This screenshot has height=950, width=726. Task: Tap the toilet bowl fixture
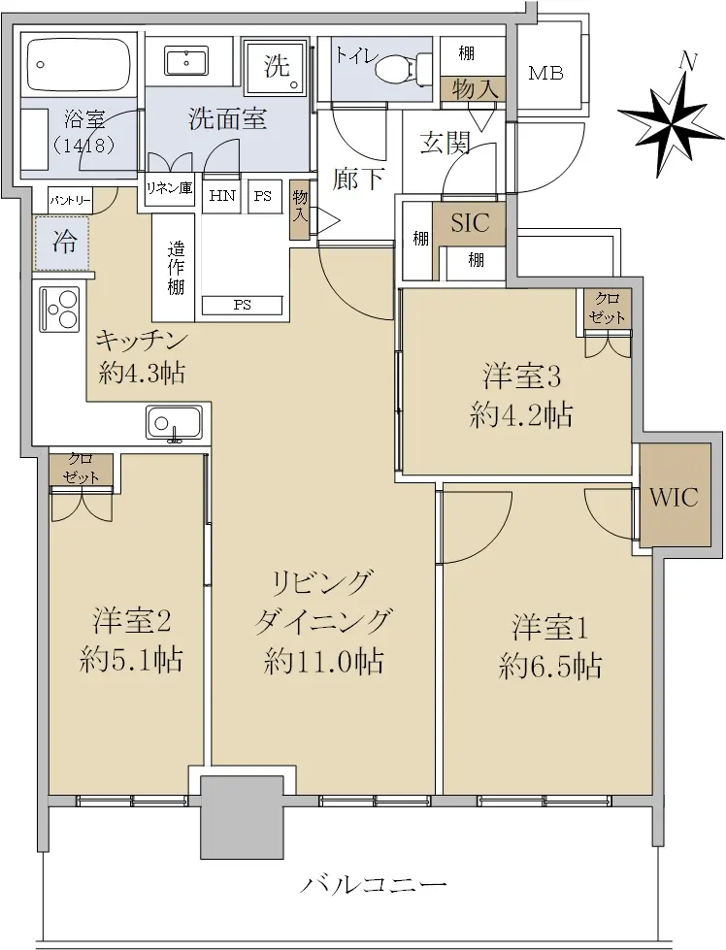point(400,69)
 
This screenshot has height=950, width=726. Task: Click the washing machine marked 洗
point(277,66)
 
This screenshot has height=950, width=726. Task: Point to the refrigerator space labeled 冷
point(63,243)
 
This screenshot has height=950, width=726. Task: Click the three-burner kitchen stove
point(60,310)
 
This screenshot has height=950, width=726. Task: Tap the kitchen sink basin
point(174,423)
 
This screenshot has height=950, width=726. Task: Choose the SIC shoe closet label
point(470,222)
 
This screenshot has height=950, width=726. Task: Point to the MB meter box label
point(546,74)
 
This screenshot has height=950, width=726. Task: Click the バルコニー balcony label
point(374,886)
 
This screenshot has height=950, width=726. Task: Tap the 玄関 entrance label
point(445,144)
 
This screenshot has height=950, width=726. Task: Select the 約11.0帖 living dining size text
point(324,661)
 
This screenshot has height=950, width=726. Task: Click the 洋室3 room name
point(521,377)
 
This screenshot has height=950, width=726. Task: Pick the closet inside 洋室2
point(81,469)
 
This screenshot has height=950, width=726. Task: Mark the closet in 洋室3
point(608,309)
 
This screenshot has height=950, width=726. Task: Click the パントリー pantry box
point(70,200)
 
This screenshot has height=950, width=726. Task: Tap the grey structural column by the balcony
point(243,817)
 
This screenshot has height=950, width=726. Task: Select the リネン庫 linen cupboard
point(169,188)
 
